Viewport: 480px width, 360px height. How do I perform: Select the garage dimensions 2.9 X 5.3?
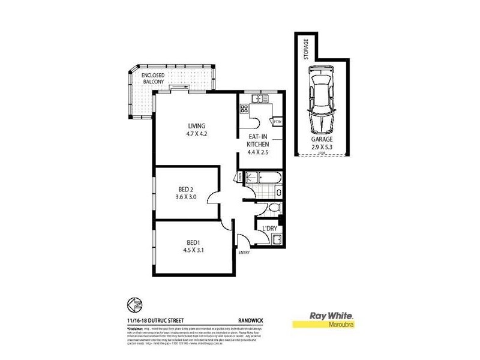(x=322, y=146)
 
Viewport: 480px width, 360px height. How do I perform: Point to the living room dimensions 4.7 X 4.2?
(x=196, y=134)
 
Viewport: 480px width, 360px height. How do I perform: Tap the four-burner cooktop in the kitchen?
(x=245, y=109)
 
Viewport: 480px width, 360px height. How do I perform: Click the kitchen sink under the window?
(x=259, y=98)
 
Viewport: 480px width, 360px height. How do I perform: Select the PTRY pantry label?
(x=277, y=122)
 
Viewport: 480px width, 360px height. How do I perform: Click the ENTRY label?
(x=244, y=253)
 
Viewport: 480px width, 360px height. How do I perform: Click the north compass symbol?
(x=134, y=307)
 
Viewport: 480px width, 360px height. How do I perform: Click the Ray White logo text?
(x=330, y=316)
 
